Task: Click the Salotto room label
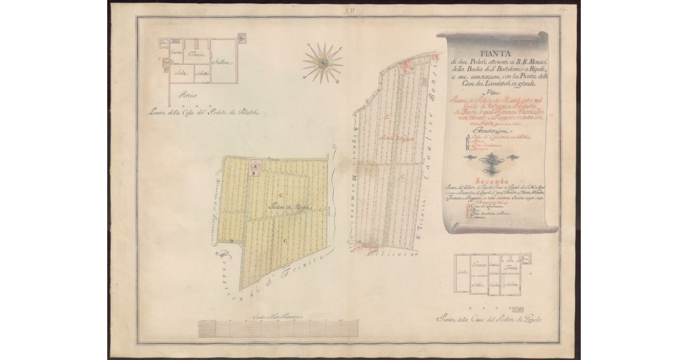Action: coord(201,73)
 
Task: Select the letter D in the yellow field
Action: coord(231,241)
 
